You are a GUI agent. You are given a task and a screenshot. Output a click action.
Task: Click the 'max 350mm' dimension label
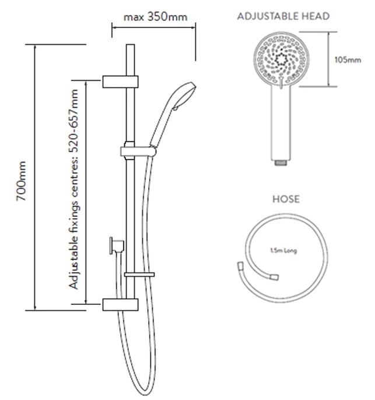point(155,17)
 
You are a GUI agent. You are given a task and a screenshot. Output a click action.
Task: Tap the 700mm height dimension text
point(21,181)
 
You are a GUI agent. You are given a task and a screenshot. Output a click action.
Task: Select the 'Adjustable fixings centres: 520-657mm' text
point(73,189)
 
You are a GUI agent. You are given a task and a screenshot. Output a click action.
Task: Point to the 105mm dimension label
point(348,60)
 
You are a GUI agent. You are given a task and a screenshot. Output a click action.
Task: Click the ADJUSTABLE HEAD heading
point(283,16)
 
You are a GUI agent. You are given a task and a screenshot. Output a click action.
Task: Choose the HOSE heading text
point(286,199)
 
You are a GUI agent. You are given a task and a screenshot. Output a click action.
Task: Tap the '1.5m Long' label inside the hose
point(283,251)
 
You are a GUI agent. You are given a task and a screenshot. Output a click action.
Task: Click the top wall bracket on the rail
point(120,82)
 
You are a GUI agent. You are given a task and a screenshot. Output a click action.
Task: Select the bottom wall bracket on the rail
point(120,304)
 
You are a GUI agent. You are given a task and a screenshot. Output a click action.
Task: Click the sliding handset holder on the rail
point(138,151)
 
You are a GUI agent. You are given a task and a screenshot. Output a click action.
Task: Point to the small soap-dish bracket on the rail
point(139,275)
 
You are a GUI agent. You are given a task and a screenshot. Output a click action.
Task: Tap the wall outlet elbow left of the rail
point(117,246)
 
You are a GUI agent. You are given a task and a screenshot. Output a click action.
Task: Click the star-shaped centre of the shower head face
point(281,60)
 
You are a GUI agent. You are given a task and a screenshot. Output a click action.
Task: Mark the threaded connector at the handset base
point(281,163)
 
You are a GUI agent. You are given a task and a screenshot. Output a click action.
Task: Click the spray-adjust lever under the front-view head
point(281,83)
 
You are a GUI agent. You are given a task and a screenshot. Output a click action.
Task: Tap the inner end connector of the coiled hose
point(274,277)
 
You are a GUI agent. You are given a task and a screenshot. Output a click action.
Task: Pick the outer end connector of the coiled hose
point(241,265)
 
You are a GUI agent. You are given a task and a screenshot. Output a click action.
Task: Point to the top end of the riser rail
point(131,45)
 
